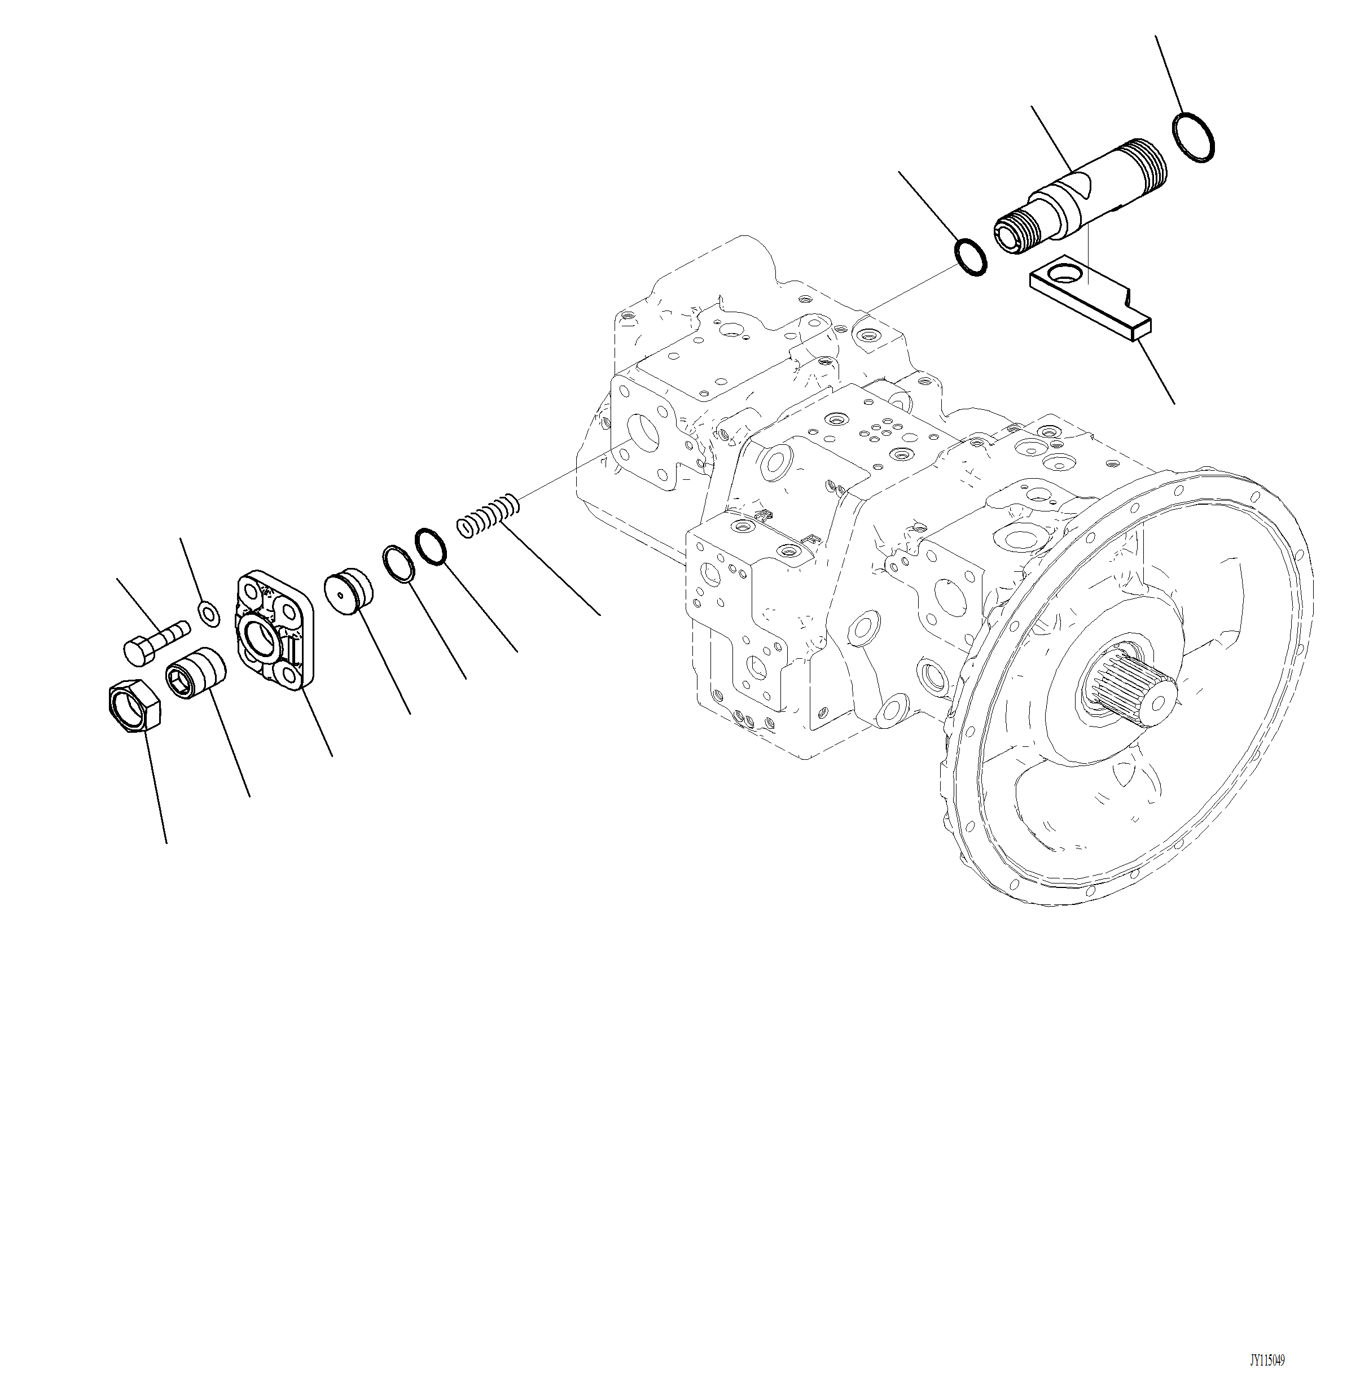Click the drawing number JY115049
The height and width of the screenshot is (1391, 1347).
point(1267,1360)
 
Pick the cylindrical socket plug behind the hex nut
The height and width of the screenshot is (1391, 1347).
point(196,674)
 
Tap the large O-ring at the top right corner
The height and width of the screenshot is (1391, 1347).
point(1194,137)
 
